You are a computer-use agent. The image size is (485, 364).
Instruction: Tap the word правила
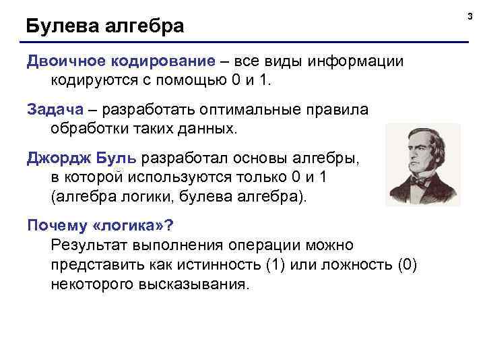[x=339, y=110]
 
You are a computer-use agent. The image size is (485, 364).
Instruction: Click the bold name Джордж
[x=57, y=158]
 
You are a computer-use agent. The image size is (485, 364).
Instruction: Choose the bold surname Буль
[x=116, y=158]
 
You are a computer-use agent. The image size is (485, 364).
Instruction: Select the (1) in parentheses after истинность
[x=276, y=265]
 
